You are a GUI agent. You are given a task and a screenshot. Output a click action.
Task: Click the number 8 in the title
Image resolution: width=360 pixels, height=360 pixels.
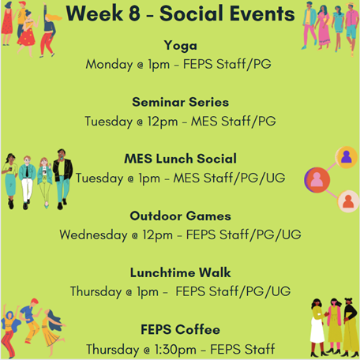[134, 13]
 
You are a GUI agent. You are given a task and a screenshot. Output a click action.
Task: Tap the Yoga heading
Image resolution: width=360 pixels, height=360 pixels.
[181, 46]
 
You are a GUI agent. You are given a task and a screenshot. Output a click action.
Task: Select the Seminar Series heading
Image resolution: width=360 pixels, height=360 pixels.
[180, 102]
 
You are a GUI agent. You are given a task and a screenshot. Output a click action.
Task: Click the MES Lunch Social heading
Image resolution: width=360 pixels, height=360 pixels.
[180, 159]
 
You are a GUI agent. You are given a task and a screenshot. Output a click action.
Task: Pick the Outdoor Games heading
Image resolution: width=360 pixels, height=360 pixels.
[180, 216]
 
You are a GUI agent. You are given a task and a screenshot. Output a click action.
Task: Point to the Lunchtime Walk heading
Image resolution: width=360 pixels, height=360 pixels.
[180, 272]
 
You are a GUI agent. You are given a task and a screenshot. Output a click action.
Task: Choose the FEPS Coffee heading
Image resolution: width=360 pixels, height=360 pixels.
[180, 329]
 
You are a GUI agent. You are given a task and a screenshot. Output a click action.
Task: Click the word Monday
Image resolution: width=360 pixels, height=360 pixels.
[109, 65]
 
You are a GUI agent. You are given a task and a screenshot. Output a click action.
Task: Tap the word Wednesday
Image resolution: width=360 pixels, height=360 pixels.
[93, 234]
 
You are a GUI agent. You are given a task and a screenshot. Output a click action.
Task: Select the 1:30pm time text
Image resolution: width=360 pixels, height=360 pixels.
[175, 350]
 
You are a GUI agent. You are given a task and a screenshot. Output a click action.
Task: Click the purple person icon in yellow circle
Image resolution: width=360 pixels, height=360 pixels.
[347, 157]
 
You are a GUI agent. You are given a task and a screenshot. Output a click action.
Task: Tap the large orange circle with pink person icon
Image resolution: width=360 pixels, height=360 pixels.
[317, 180]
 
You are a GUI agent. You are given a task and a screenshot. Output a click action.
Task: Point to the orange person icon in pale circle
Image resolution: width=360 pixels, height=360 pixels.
[348, 201]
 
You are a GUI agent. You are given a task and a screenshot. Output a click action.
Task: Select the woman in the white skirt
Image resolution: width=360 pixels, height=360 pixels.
[317, 328]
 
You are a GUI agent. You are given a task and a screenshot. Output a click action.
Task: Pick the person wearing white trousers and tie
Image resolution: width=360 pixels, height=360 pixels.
[27, 182]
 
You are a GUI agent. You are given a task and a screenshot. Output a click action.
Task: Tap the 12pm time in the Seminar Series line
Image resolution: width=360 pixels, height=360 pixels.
[163, 122]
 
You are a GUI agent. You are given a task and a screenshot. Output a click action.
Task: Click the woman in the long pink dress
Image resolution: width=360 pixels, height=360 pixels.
[324, 28]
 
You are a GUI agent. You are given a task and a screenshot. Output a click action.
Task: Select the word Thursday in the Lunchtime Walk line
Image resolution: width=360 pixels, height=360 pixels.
[96, 292]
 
